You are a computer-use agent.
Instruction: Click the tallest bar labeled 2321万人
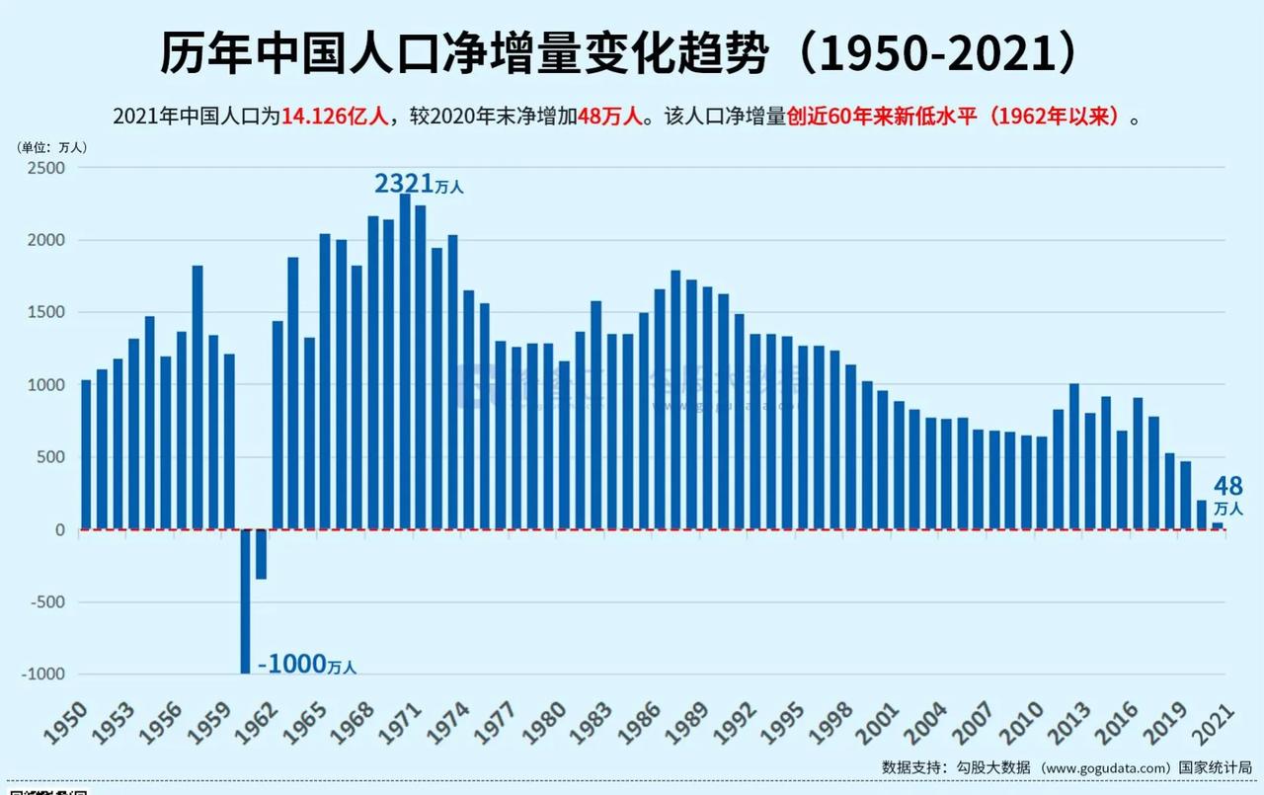405,361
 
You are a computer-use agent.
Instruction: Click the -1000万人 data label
307,665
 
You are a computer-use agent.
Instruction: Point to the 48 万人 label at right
1228,495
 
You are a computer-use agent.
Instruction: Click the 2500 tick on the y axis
44,168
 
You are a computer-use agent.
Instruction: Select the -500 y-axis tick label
44,602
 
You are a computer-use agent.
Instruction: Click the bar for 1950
86,454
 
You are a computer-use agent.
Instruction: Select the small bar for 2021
1218,526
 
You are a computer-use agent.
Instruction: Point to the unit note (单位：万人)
52,146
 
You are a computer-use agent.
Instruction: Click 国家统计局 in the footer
1216,767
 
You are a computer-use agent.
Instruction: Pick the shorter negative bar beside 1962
262,554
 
